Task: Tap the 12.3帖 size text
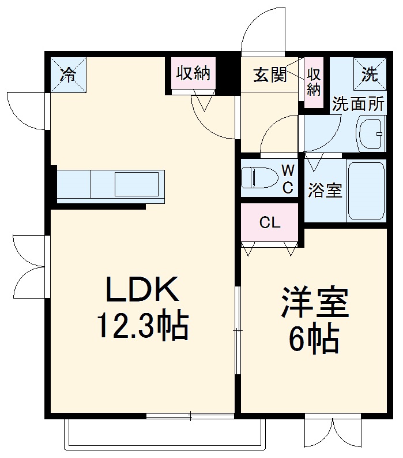click(x=142, y=327)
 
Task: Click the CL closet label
click(x=269, y=223)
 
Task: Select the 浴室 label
click(x=325, y=191)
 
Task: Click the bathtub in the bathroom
click(x=366, y=191)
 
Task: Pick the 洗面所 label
click(x=358, y=105)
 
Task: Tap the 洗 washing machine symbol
click(x=369, y=73)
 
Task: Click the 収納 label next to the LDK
click(x=193, y=73)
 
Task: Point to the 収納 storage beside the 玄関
click(x=314, y=82)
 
